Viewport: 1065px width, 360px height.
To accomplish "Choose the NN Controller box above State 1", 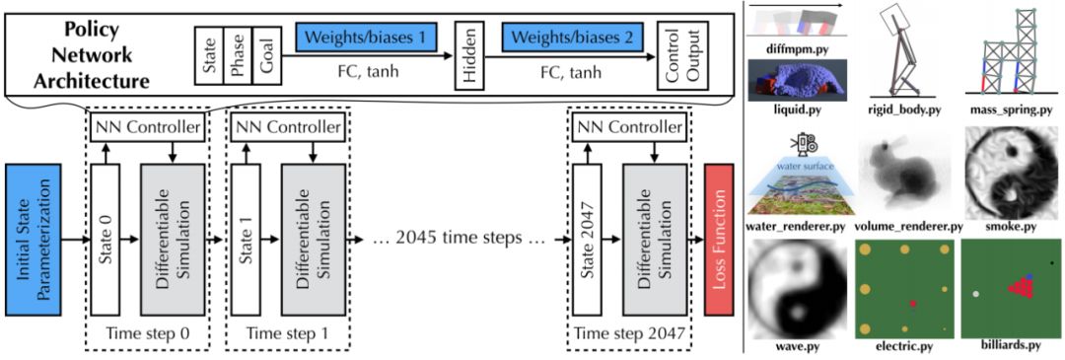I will coord(287,127).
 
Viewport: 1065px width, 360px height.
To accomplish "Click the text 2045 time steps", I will coord(461,240).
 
